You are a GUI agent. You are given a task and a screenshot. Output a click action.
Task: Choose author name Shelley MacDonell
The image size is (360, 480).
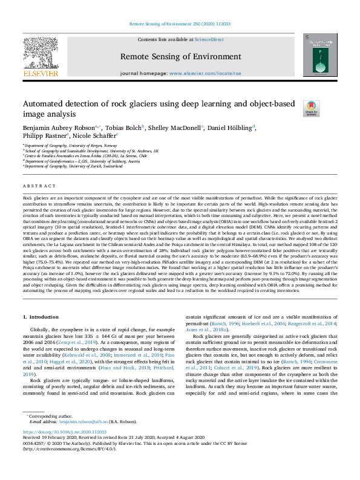(x=175, y=128)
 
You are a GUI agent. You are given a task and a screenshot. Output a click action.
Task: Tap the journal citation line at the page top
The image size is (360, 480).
(x=180, y=24)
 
